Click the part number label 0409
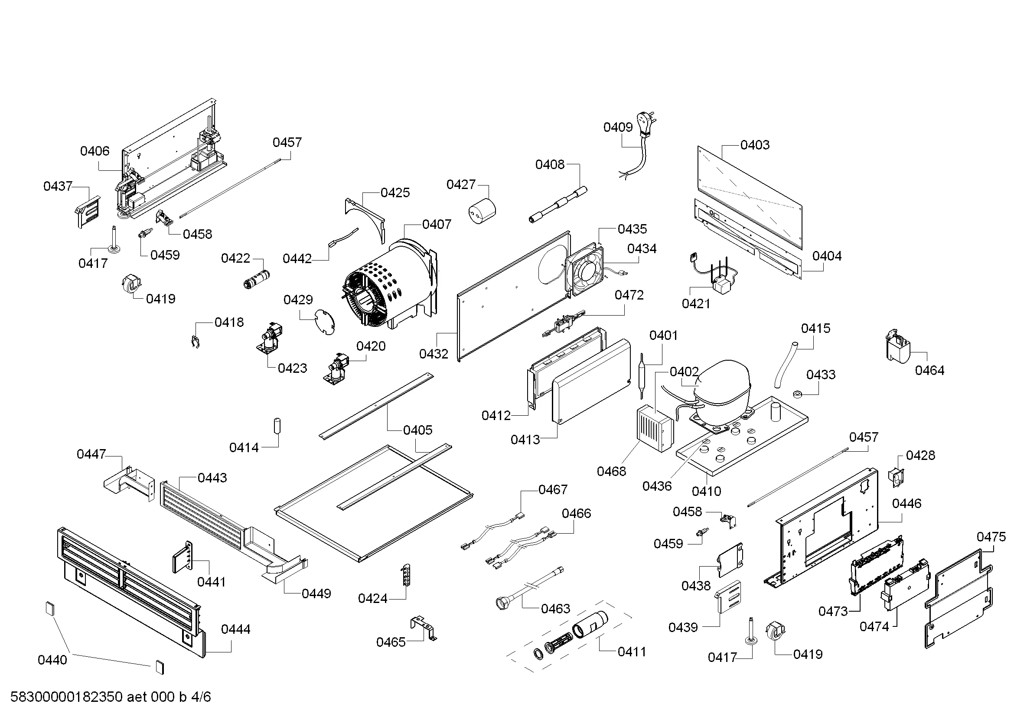[618, 127]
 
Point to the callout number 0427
[461, 185]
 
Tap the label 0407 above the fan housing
[437, 224]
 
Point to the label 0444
[235, 629]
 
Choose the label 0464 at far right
[929, 370]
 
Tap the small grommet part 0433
[797, 393]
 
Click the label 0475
[991, 537]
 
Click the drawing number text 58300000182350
[66, 697]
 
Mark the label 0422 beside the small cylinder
[235, 258]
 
